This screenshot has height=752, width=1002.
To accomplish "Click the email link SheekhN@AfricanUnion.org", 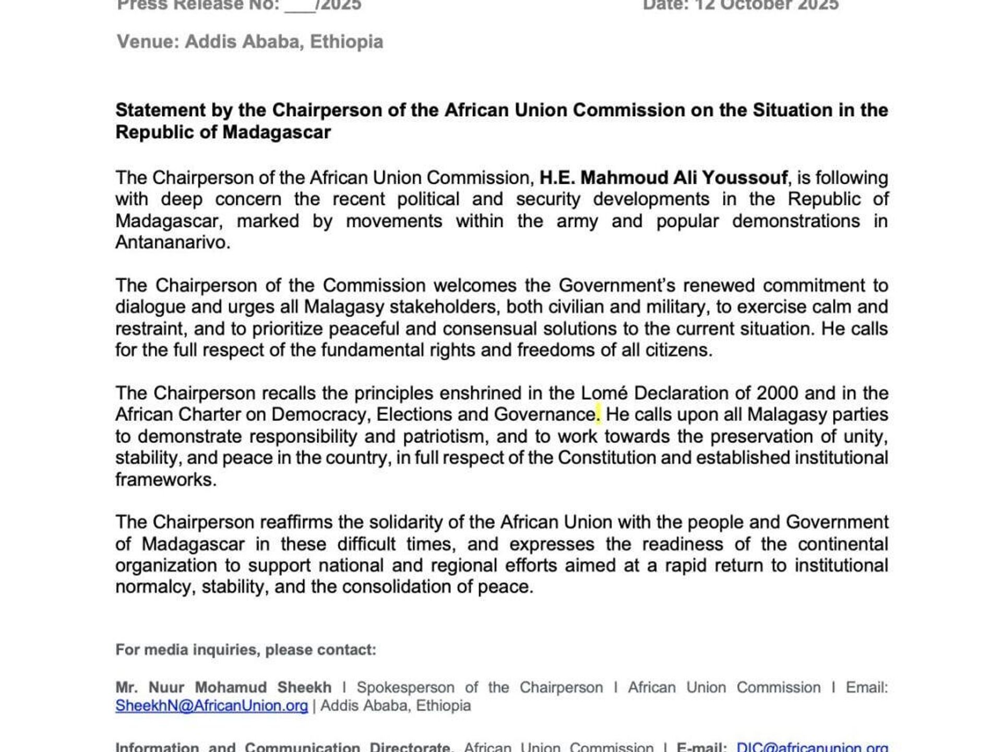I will pyautogui.click(x=211, y=706).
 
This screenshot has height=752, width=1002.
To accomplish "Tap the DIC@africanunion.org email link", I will pyautogui.click(x=812, y=747).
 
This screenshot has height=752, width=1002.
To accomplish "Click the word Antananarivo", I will pyautogui.click(x=172, y=243).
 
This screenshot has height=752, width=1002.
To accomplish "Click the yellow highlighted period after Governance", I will pyautogui.click(x=598, y=415).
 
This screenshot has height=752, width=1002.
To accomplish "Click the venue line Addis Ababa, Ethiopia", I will pyautogui.click(x=250, y=42).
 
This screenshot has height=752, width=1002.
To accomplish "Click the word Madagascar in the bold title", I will pyautogui.click(x=277, y=133).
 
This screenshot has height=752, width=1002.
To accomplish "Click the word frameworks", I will pyautogui.click(x=165, y=480).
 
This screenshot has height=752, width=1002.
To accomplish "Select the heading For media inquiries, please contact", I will pyautogui.click(x=246, y=650).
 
